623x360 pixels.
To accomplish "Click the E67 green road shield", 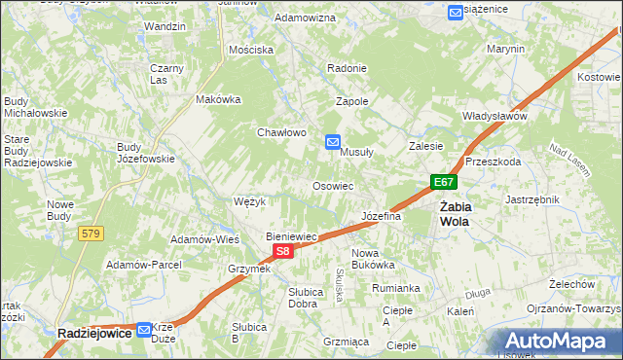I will (444, 182).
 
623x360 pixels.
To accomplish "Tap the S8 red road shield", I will (281, 251).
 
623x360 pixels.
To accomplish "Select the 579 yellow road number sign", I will (92, 234).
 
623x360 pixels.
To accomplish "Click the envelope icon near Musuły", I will (332, 142).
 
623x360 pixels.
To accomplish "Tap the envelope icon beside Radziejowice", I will (144, 330).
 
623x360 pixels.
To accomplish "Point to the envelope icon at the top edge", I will (456, 12).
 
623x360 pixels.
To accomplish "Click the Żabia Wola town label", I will (455, 213).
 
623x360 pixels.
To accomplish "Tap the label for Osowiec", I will (332, 185).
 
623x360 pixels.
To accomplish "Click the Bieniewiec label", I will (293, 236).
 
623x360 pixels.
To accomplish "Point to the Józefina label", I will (382, 216).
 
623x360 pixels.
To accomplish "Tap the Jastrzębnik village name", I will (532, 198).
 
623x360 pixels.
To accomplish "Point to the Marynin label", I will (505, 49).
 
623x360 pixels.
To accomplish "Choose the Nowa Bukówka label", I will (372, 258).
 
